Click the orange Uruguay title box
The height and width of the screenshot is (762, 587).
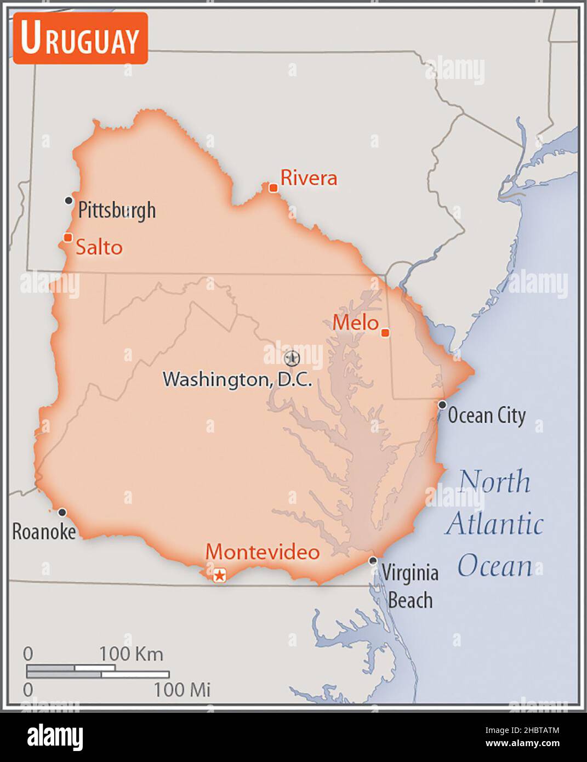click(x=81, y=38)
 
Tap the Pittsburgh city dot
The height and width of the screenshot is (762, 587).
click(x=69, y=201)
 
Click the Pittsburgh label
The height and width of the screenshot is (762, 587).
click(x=117, y=210)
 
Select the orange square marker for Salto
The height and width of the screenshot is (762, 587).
click(x=68, y=237)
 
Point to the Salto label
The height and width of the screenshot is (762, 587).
click(x=99, y=247)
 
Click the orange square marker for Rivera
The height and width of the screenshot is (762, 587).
click(x=273, y=188)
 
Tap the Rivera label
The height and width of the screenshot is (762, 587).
click(x=309, y=178)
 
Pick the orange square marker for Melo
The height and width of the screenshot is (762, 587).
click(x=385, y=333)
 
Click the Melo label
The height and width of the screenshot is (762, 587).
click(x=355, y=322)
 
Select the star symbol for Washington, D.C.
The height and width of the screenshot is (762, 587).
click(x=292, y=359)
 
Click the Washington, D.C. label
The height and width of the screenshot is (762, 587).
click(x=237, y=379)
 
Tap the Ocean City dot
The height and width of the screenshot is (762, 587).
click(x=442, y=405)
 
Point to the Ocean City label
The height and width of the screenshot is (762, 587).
click(x=487, y=416)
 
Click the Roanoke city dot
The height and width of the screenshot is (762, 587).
click(x=62, y=512)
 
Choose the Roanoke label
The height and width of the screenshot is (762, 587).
click(x=44, y=531)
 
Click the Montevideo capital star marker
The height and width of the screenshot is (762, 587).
click(x=219, y=575)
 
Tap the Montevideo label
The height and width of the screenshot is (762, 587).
click(x=263, y=551)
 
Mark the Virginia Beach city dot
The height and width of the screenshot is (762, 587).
click(x=373, y=560)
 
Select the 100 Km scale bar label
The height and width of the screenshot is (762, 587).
click(x=131, y=654)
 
